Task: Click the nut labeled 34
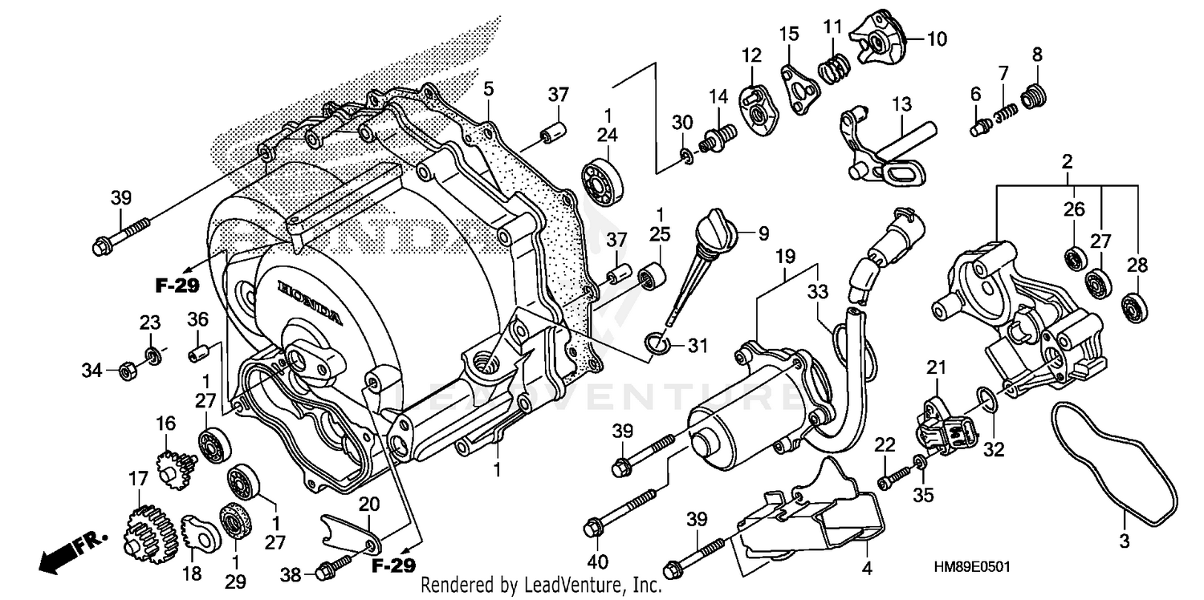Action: click(126, 371)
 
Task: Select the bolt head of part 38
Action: click(324, 572)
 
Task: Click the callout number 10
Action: click(915, 39)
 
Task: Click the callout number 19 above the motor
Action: click(784, 257)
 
